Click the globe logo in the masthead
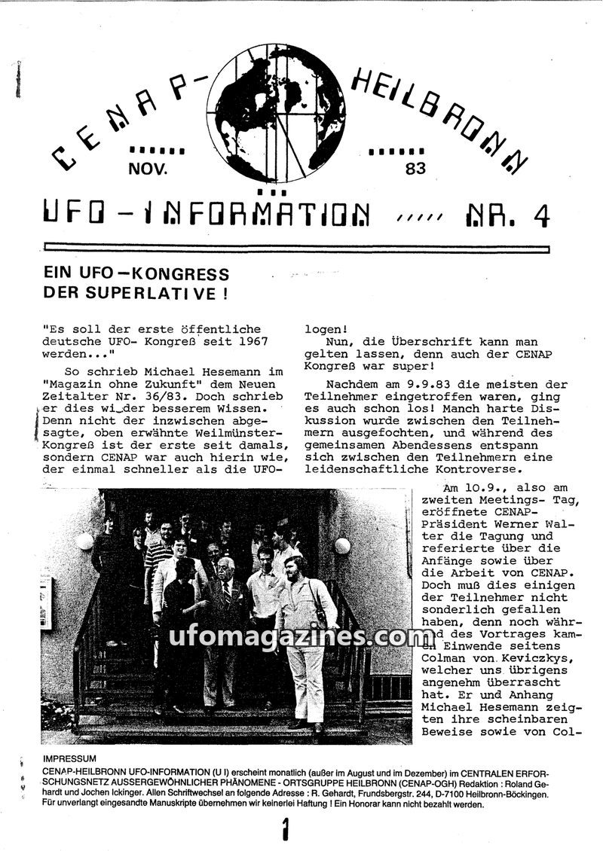click(276, 113)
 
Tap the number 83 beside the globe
click(415, 169)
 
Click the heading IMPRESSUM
click(72, 758)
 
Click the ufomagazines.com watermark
click(301, 636)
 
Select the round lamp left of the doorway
click(84, 541)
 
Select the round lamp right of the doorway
click(343, 545)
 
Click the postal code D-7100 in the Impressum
click(412, 795)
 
